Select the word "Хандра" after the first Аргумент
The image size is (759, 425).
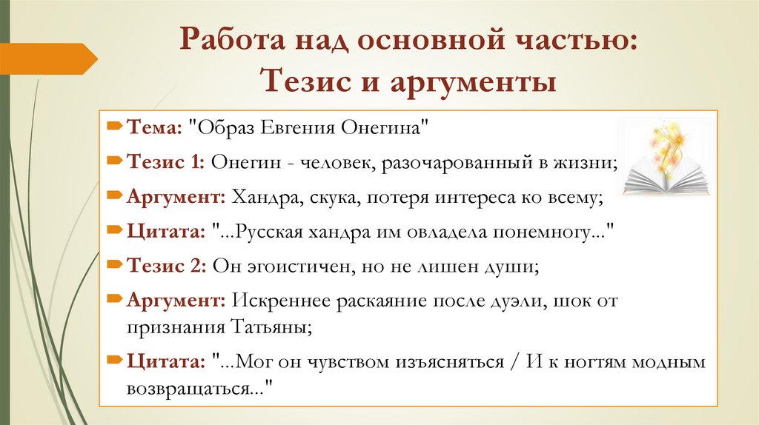click(x=262, y=196)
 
